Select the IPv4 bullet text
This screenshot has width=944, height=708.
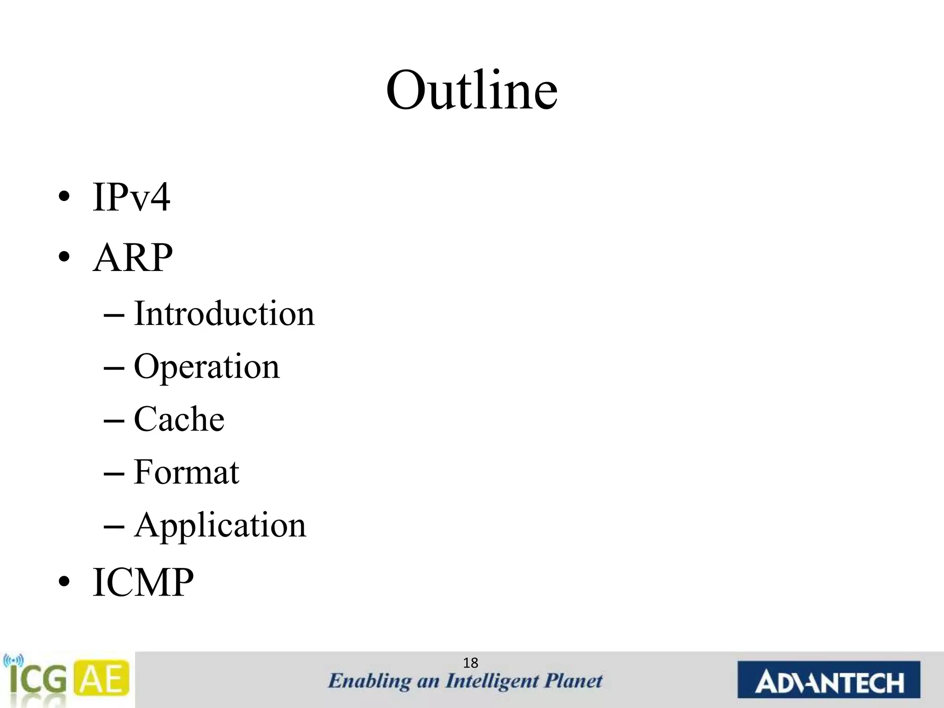131,197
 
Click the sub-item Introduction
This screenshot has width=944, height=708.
224,313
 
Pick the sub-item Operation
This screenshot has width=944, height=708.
206,367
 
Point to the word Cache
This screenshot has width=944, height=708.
179,419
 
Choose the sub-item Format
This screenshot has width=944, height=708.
186,472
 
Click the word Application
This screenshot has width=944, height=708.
220,525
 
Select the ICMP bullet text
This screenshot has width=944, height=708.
143,582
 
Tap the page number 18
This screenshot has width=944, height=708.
471,663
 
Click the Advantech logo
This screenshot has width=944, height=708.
828,680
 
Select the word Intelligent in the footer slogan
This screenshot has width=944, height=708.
492,681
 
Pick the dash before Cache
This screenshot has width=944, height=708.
114,421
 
